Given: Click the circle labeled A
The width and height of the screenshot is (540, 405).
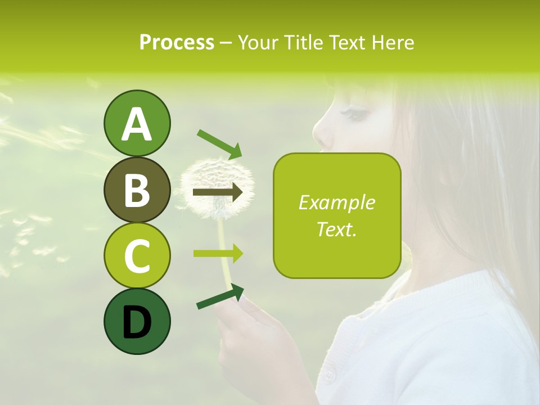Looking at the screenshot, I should click(137, 123).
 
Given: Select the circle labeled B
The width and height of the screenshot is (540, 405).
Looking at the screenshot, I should click(137, 190).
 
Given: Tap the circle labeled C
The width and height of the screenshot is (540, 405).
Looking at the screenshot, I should click(137, 255).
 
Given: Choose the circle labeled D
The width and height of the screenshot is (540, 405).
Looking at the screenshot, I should click(137, 321).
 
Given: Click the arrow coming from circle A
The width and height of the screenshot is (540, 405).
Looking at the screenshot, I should click(219, 143).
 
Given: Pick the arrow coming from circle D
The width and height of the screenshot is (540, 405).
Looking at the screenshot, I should click(220, 297).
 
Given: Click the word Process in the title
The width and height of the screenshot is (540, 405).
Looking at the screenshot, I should click(177, 43).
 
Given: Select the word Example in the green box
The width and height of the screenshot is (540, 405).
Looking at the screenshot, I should click(336, 203).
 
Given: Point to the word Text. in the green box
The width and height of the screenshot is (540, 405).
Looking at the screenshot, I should click(336, 229).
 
